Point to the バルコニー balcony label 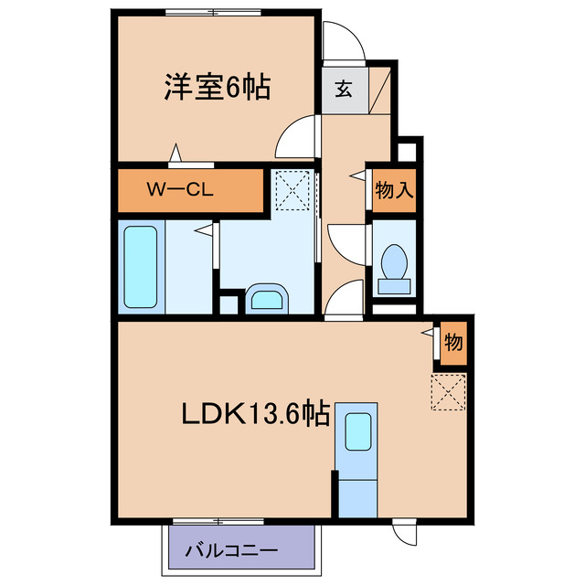click(x=231, y=550)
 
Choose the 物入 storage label click(x=395, y=191)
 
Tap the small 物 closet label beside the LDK click(x=453, y=343)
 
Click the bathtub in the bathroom click(x=143, y=266)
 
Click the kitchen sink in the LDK click(x=357, y=429)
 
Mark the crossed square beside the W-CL click(x=293, y=190)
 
